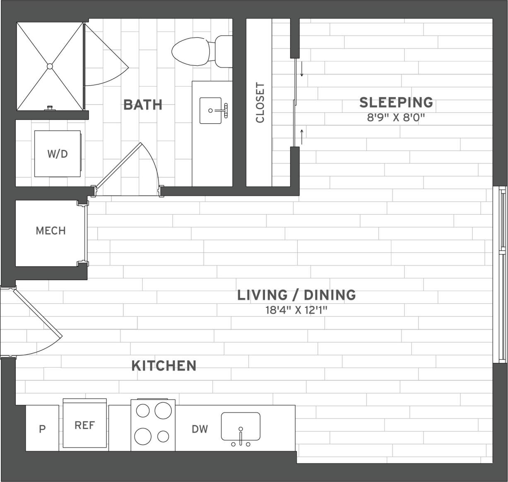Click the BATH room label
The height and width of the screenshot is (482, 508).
click(142, 104)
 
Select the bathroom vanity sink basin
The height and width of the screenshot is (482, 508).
click(210, 110)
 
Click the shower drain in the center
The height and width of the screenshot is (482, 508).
click(50, 66)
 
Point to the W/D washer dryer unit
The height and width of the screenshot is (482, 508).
click(57, 154)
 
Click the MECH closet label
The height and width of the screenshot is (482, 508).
click(51, 230)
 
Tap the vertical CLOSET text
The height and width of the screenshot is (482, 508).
click(260, 103)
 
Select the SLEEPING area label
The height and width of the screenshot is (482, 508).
click(396, 102)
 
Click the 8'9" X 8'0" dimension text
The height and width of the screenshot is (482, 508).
click(396, 118)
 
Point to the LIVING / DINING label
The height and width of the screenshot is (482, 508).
click(296, 295)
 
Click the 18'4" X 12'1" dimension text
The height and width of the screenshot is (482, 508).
click(296, 310)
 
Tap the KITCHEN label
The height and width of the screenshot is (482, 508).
click(164, 366)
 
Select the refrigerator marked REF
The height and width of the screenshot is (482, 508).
click(84, 425)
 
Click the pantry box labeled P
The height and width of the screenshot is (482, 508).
click(42, 429)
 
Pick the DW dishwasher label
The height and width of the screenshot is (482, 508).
click(200, 429)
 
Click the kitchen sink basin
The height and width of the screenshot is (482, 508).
click(241, 426)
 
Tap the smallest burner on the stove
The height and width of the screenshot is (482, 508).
click(163, 436)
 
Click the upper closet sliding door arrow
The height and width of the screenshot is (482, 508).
click(302, 69)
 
